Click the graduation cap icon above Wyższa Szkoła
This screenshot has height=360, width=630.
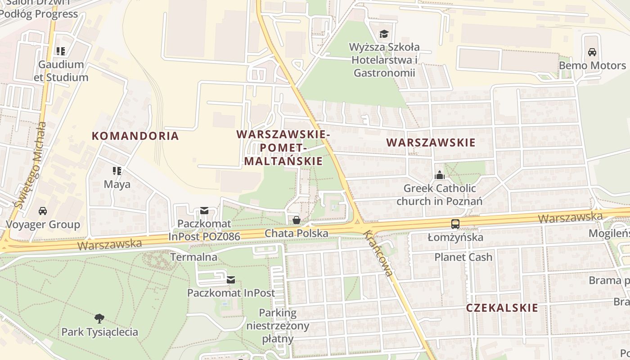pyautogui.click(x=384, y=34)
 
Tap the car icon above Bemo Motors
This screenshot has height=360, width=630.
pyautogui.click(x=592, y=52)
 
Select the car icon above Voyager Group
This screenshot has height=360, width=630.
pyautogui.click(x=42, y=211)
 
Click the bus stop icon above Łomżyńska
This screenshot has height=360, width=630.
pyautogui.click(x=455, y=224)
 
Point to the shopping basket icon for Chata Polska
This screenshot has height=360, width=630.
pyautogui.click(x=297, y=220)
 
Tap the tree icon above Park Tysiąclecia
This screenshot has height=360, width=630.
pyautogui.click(x=99, y=319)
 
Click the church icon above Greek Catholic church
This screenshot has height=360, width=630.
pyautogui.click(x=439, y=175)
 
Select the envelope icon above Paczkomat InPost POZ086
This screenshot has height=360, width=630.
pyautogui.click(x=204, y=210)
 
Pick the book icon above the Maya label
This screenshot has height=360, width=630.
pyautogui.click(x=117, y=171)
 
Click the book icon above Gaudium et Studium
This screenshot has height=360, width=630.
pyautogui.click(x=61, y=51)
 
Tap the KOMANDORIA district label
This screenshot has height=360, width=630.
pyautogui.click(x=135, y=136)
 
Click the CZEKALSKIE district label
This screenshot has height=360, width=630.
pyautogui.click(x=502, y=308)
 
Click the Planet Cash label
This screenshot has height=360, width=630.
pyautogui.click(x=463, y=257)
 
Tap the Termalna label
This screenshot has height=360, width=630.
pyautogui.click(x=193, y=257)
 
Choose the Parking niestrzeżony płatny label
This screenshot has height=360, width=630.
pyautogui.click(x=278, y=326)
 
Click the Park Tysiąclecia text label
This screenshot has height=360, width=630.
pyautogui.click(x=99, y=332)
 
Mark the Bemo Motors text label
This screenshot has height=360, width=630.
pyautogui.click(x=592, y=66)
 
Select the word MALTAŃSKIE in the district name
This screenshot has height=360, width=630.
pyautogui.click(x=283, y=161)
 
